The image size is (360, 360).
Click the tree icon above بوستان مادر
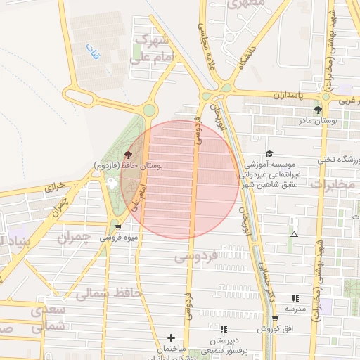(318, 110)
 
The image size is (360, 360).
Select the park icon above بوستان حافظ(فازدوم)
(127, 155)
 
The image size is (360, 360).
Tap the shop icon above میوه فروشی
(117, 226)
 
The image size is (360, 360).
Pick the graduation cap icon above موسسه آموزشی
(269, 153)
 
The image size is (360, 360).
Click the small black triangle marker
(294, 234)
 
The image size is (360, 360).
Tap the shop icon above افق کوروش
(274, 319)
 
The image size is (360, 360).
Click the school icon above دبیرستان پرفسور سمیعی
(224, 328)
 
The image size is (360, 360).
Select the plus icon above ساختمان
(171, 338)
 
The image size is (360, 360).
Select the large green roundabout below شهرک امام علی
(148, 110)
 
